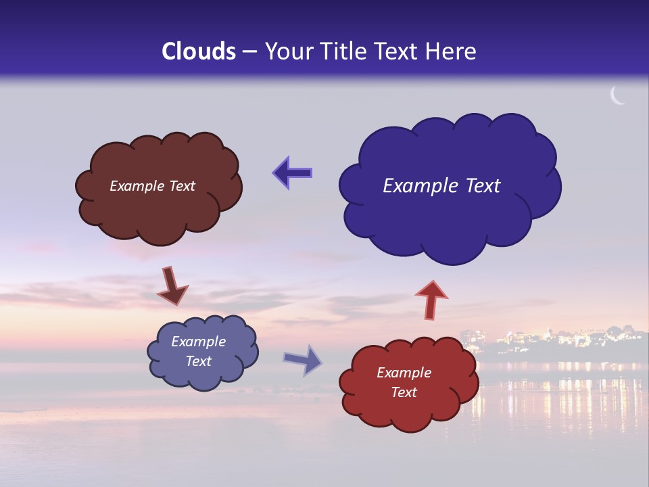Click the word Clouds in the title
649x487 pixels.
pyautogui.click(x=199, y=51)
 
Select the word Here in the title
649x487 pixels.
pyautogui.click(x=452, y=51)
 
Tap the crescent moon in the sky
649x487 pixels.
pyautogui.click(x=617, y=96)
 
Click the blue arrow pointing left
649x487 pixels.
pyautogui.click(x=292, y=173)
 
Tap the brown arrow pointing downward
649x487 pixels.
pyautogui.click(x=172, y=286)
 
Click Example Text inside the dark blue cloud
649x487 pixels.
pyautogui.click(x=441, y=186)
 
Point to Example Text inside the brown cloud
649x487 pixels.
pyautogui.click(x=152, y=186)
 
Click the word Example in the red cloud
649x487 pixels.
pyautogui.click(x=404, y=373)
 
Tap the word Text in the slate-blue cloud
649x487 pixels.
pyautogui.click(x=198, y=361)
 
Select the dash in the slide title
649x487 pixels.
pyautogui.click(x=249, y=52)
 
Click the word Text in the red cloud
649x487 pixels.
pyautogui.click(x=404, y=392)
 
